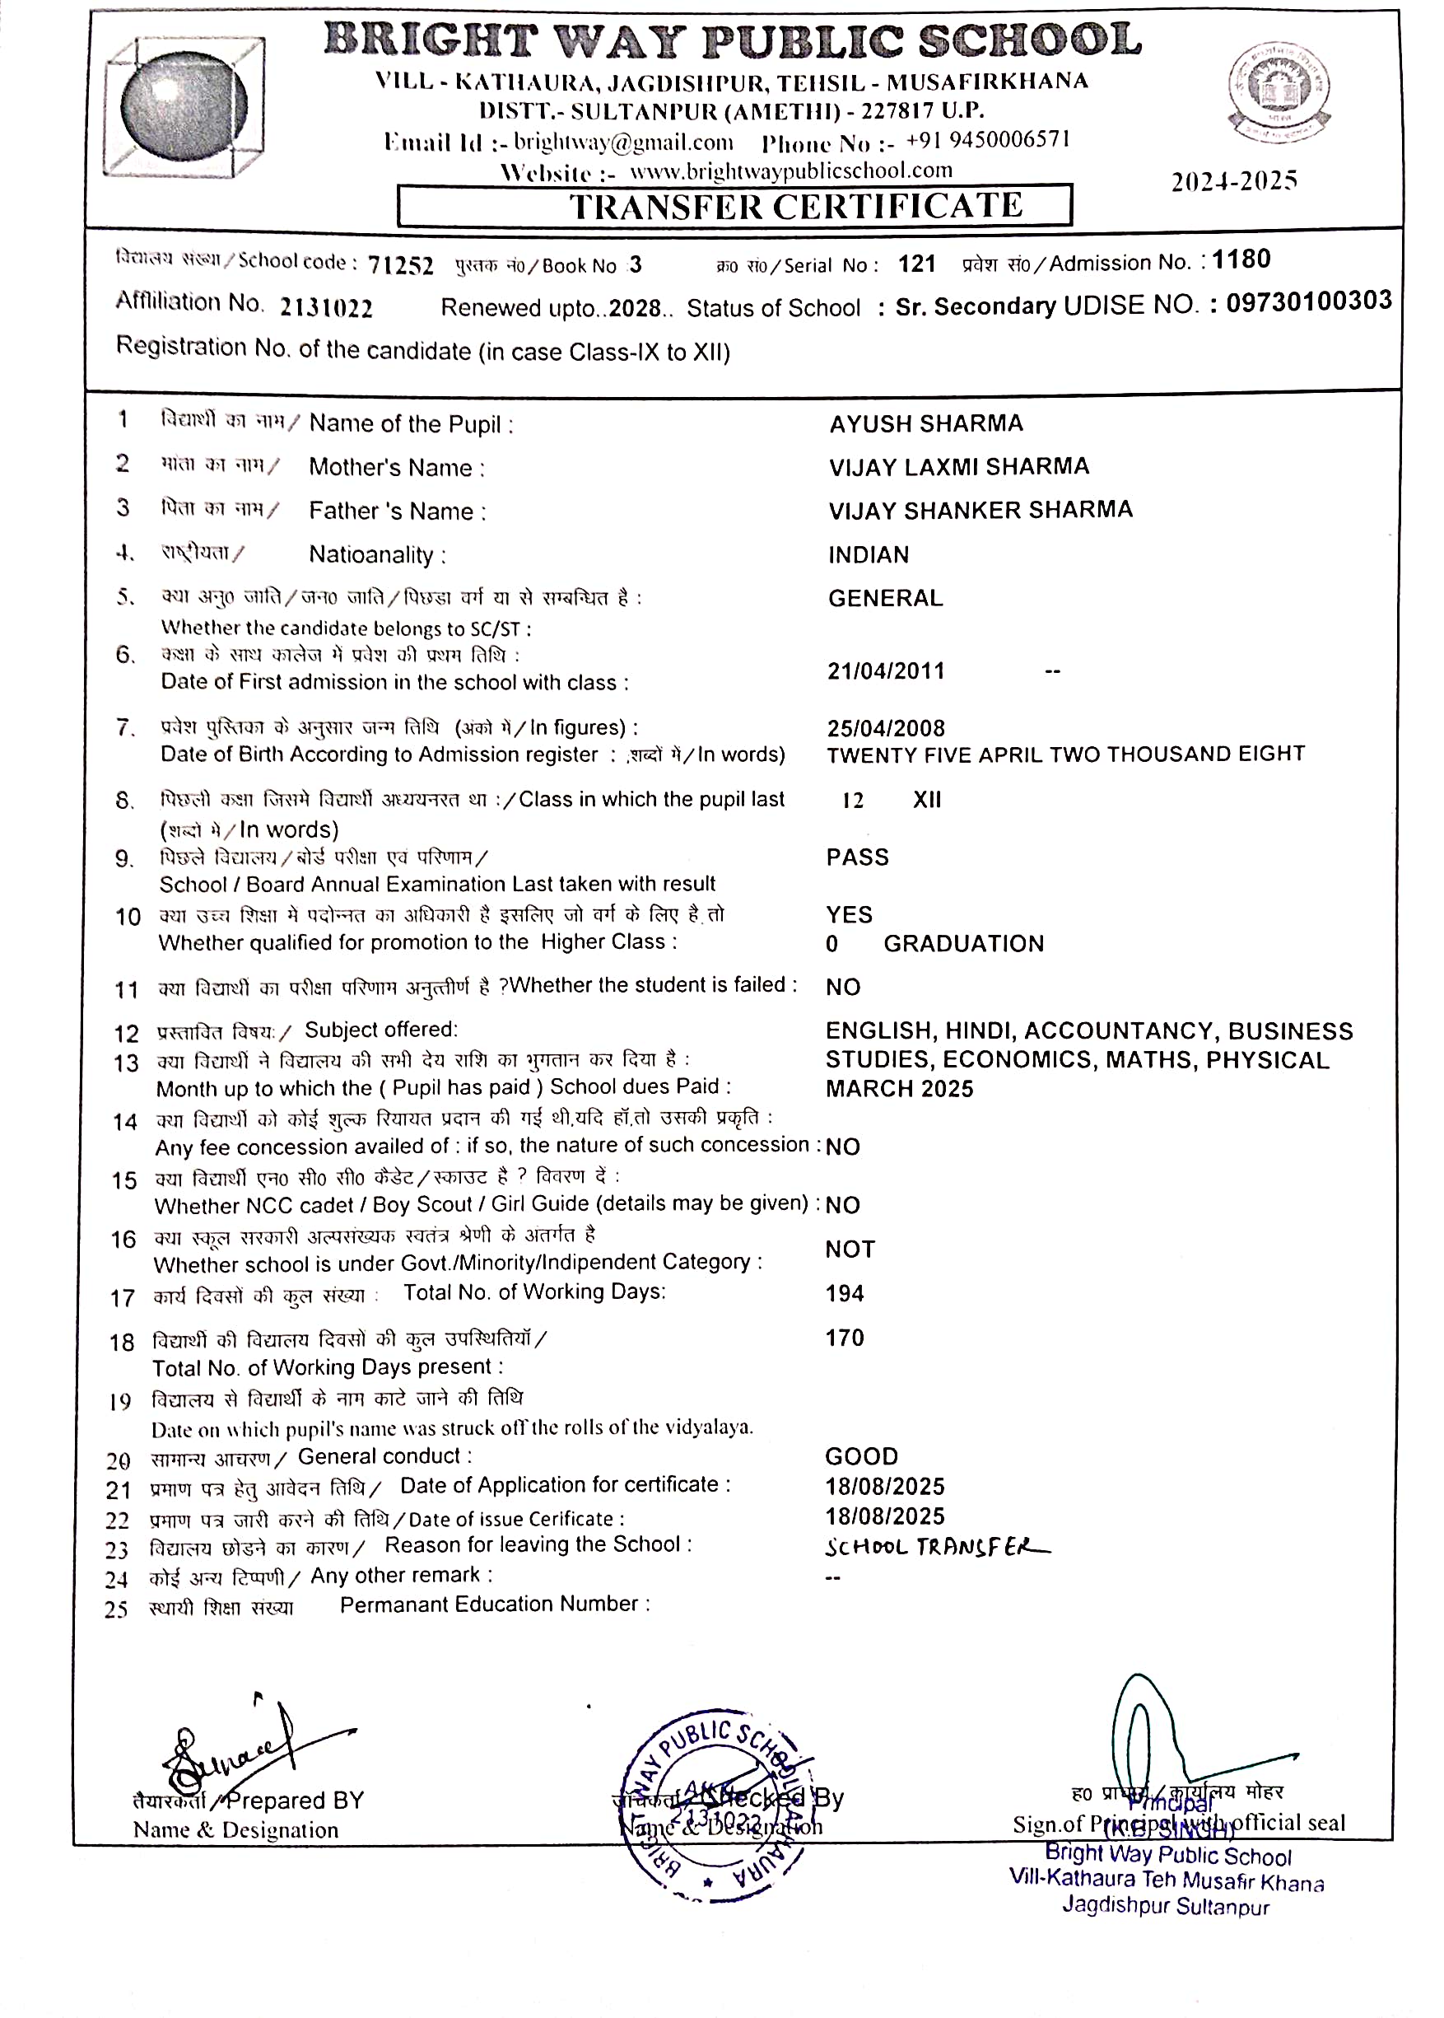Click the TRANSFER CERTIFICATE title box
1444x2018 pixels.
tap(734, 205)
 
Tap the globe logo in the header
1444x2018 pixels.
tap(184, 107)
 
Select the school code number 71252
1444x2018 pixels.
tap(400, 265)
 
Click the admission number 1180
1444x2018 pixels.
tap(1241, 259)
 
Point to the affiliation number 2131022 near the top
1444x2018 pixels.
tap(326, 308)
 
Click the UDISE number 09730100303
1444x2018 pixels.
tap(1309, 301)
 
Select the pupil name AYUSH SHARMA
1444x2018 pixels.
tap(925, 423)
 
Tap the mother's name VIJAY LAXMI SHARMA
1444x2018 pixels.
tap(958, 466)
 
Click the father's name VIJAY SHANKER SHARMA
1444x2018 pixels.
tap(980, 510)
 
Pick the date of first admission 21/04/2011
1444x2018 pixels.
tap(886, 670)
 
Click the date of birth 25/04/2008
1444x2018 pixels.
tap(886, 728)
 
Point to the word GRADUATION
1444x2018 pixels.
tap(963, 944)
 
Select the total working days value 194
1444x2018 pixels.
tap(845, 1293)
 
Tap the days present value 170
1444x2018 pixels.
tap(845, 1338)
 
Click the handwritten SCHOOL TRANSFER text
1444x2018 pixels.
tap(937, 1547)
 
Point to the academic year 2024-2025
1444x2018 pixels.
tap(1233, 180)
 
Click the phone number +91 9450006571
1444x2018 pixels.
tap(987, 141)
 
